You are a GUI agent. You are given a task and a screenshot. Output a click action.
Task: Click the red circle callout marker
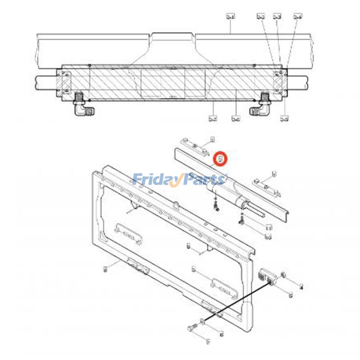221,159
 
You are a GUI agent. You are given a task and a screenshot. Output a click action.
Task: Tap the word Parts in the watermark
202,180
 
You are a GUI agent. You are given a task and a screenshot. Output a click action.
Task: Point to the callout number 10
268,237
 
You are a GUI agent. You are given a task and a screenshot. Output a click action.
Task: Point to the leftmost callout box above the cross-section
230,17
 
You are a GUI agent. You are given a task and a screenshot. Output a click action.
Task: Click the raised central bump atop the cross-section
174,36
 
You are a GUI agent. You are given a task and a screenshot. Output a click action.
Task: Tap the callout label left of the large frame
105,269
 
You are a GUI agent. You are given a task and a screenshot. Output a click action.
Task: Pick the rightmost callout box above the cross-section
297,17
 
